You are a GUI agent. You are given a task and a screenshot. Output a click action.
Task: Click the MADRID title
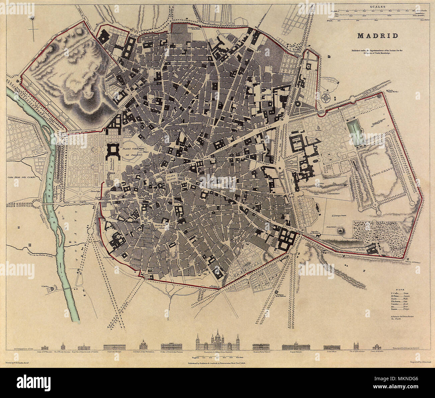click(377, 35)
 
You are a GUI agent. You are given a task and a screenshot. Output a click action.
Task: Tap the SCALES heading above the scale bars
click(377, 6)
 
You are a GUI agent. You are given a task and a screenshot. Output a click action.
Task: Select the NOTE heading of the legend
click(400, 289)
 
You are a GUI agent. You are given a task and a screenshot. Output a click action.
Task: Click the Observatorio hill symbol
click(341, 230)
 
